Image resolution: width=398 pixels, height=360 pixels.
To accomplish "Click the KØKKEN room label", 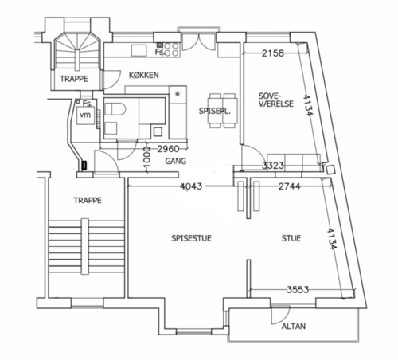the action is [x=144, y=75].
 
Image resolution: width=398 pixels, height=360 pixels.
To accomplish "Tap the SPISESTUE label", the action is [x=191, y=238].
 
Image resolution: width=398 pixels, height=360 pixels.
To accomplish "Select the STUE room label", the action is [x=291, y=238].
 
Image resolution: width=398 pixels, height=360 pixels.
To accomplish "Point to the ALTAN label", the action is [x=294, y=326].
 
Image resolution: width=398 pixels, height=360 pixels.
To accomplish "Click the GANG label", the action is [x=175, y=161].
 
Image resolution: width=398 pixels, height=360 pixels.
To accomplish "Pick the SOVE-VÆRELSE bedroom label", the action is [x=276, y=100].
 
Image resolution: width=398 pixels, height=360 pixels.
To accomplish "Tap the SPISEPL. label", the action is [x=215, y=111].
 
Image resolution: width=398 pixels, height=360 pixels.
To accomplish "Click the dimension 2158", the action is [x=273, y=53].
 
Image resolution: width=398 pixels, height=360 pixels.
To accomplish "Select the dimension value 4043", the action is [x=191, y=186].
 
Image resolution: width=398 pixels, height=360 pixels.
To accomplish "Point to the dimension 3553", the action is [x=298, y=289].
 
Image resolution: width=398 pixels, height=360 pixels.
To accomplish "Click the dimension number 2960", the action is [x=168, y=149].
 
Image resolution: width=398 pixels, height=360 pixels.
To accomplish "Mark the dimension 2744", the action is [x=289, y=186].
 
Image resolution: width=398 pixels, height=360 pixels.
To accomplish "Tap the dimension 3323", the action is [x=273, y=166].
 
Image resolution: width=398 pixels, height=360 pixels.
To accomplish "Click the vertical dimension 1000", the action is [x=146, y=158].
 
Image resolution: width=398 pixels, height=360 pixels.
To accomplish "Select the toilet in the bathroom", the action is [x=115, y=109].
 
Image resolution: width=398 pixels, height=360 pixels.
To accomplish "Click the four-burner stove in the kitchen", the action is [x=171, y=49].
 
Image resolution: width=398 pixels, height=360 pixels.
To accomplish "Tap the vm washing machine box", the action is [x=85, y=115].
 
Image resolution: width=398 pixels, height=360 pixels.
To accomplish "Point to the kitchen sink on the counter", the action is [x=139, y=50].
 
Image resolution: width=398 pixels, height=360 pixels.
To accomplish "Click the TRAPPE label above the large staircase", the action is [x=88, y=200].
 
